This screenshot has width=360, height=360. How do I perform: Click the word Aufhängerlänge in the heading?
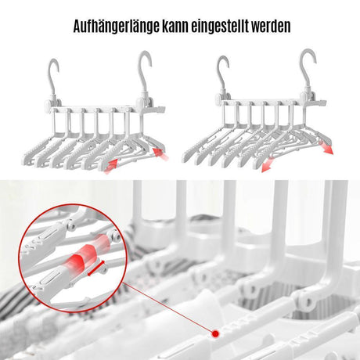point(117,26)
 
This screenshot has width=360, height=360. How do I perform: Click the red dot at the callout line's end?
point(214,333)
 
